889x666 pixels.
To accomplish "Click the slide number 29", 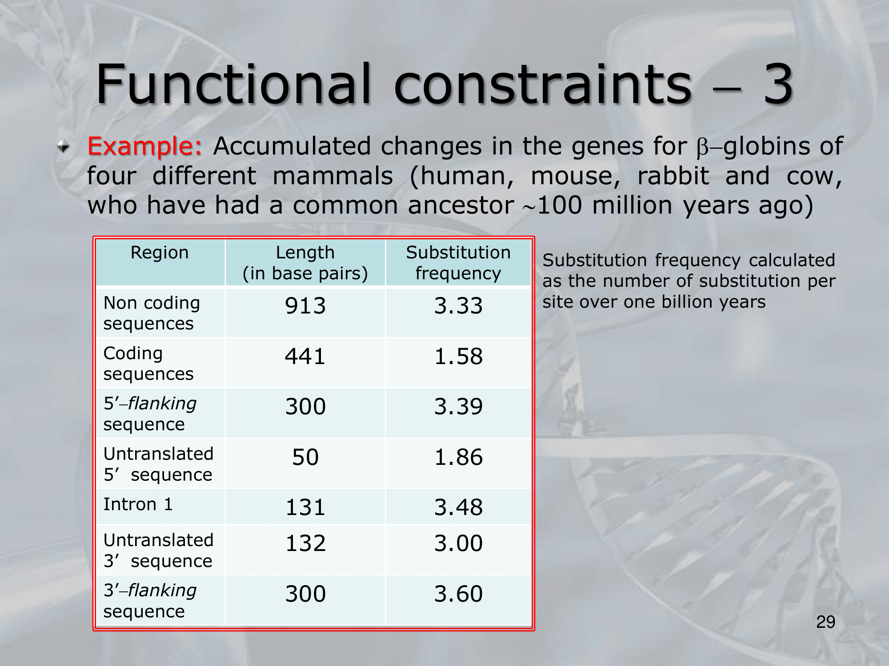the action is [825, 622].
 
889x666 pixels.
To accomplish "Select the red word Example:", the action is [145, 147].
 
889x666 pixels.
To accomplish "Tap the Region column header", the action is [160, 253].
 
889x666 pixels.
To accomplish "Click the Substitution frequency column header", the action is [458, 263].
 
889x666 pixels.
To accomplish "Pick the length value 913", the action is [305, 306].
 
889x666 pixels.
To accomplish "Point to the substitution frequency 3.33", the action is [458, 306].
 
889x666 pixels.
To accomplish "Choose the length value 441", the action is [305, 356].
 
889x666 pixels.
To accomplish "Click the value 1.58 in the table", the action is [458, 356].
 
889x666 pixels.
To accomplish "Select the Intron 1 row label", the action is [138, 504].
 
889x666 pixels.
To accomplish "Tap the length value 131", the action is [305, 507].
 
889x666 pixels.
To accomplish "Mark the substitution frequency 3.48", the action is [458, 507].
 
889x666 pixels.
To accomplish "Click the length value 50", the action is [305, 457].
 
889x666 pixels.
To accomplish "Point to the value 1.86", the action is [458, 457].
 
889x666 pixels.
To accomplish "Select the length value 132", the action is [305, 543].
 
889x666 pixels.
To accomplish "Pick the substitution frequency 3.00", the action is [458, 543].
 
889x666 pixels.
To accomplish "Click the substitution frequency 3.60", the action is [458, 594].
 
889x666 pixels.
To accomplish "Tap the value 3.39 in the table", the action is [458, 406].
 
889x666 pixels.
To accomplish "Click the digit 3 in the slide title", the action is [778, 84].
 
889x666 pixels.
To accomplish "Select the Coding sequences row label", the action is [148, 363].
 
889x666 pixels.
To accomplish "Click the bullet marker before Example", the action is [64, 146].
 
